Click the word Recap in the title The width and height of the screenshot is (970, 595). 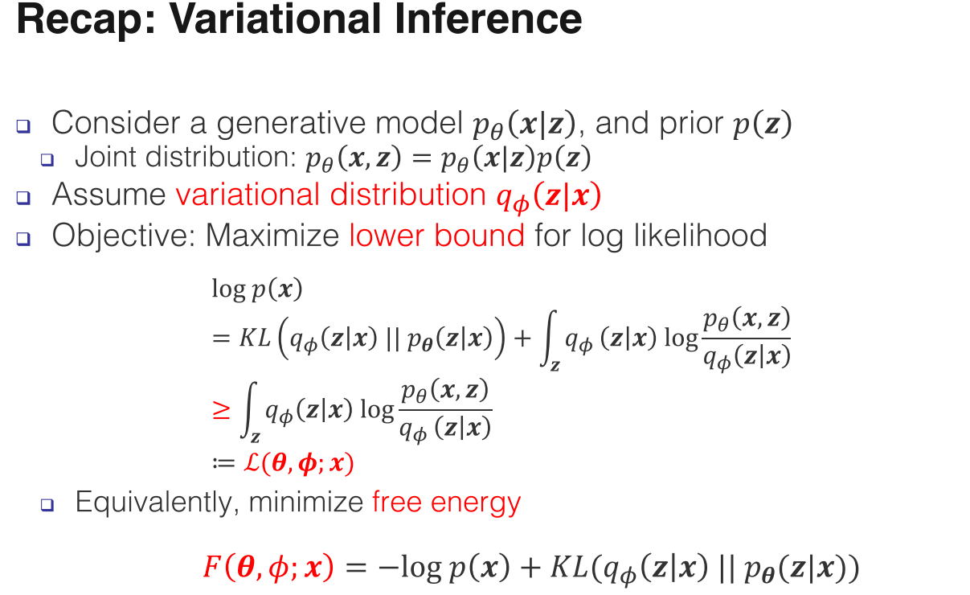point(81,20)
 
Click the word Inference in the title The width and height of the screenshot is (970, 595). point(488,19)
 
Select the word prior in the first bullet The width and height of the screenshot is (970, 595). point(690,124)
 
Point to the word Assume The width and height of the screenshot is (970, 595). point(108,195)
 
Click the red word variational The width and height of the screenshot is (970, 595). point(248,195)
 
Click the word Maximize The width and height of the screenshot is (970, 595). point(272,236)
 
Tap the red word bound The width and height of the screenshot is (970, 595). point(479,236)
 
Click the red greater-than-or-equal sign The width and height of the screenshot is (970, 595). point(221,411)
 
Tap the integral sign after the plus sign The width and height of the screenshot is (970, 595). point(548,339)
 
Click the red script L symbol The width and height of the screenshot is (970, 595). point(252,463)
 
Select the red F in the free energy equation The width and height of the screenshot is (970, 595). point(213,566)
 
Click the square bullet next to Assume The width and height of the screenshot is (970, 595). point(23,198)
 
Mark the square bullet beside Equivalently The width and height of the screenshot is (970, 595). point(47,505)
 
